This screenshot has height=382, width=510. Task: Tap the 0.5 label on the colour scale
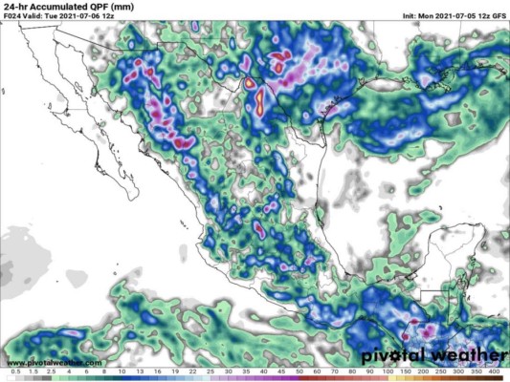pyautogui.click(x=13, y=370)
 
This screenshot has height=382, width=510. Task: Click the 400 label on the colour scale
pyautogui.click(x=494, y=370)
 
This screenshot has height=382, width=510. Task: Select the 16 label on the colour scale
pyautogui.click(x=158, y=370)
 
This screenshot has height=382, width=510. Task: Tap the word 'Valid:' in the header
pyautogui.click(x=42, y=19)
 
